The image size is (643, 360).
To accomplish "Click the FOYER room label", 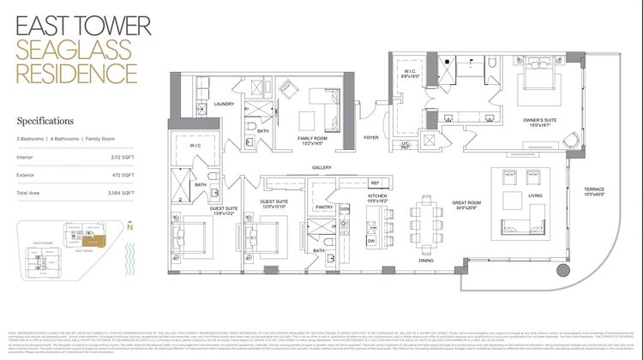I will pyautogui.click(x=371, y=137).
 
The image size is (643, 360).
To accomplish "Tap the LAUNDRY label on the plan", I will pyautogui.click(x=225, y=104).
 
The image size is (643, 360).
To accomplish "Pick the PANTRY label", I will pyautogui.click(x=324, y=207).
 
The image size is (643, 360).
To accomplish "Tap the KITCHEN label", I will pyautogui.click(x=378, y=196).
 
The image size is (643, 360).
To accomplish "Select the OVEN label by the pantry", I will pyautogui.click(x=345, y=208).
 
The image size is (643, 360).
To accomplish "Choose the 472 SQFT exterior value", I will pyautogui.click(x=124, y=175).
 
